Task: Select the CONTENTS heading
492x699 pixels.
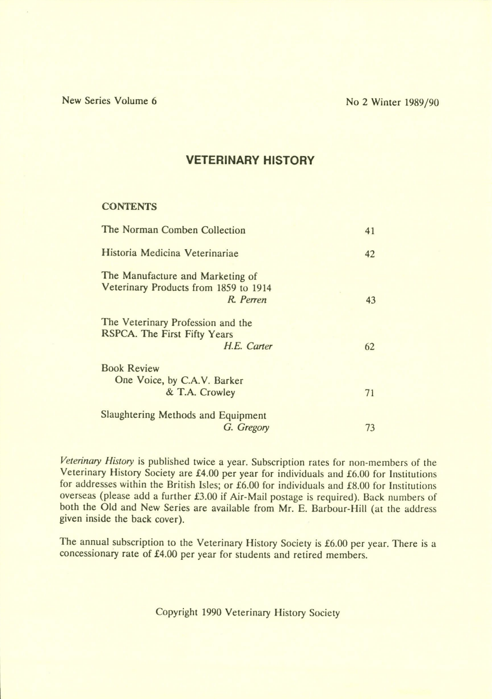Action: click(129, 207)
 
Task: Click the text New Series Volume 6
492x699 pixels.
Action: click(109, 101)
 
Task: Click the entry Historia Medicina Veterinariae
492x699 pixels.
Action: click(170, 254)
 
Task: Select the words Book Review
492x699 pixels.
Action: click(130, 369)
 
